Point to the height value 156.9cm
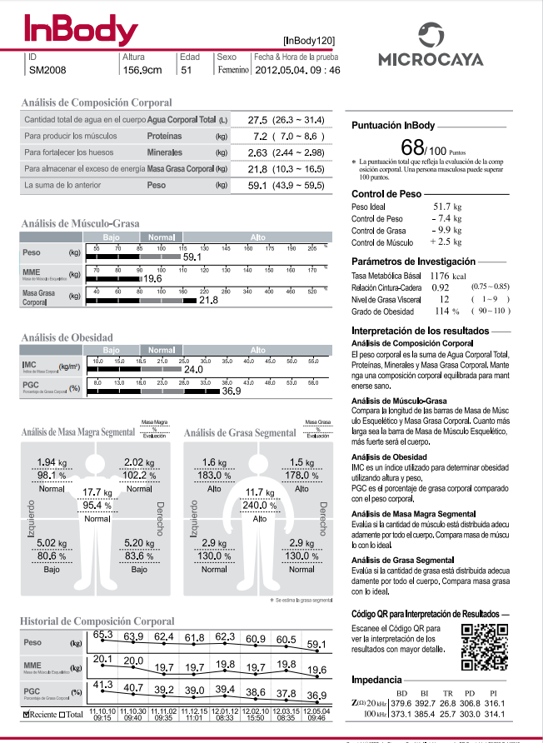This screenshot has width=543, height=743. coord(142,71)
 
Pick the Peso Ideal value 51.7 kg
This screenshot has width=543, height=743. coord(447,205)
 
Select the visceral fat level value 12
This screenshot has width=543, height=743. coord(445,298)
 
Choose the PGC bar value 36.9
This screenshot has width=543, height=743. coord(231,391)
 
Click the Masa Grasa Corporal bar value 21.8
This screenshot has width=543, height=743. coord(208,300)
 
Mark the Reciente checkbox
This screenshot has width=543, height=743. coord(27,715)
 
